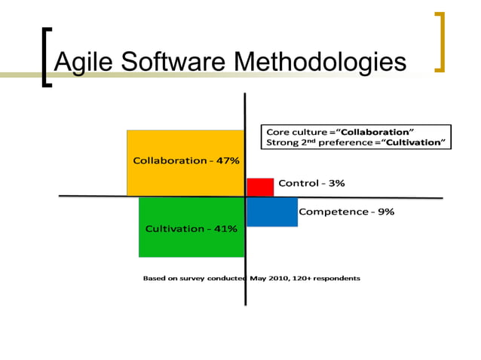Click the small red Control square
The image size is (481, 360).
pos(260,187)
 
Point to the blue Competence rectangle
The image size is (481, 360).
pos(271,212)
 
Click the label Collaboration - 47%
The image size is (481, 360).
pos(186,160)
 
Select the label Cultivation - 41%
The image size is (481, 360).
pos(191,228)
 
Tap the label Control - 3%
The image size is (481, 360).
pos(312,183)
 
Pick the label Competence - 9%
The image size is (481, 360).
pos(346,212)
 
